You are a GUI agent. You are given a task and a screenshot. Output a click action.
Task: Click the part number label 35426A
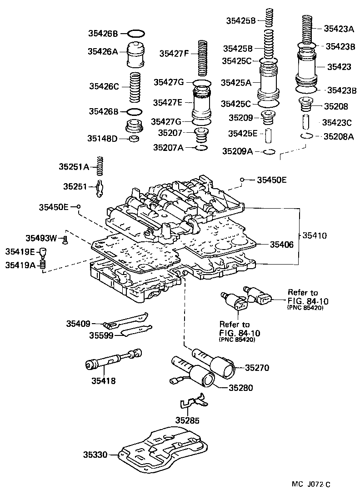[103, 52]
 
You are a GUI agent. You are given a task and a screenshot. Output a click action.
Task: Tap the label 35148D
[103, 138]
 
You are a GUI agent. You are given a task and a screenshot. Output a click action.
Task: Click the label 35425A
[236, 82]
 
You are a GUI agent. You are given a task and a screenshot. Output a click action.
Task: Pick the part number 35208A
[338, 136]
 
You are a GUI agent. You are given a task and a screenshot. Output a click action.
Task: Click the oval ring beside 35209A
[269, 151]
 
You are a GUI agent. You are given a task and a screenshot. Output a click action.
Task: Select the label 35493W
[41, 238]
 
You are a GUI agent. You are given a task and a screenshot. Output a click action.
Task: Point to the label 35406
[282, 245]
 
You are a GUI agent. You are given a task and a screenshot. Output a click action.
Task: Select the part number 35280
[240, 388]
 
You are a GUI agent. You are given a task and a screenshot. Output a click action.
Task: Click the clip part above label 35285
[192, 402]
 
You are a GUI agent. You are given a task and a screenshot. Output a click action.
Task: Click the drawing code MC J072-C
[311, 485]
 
